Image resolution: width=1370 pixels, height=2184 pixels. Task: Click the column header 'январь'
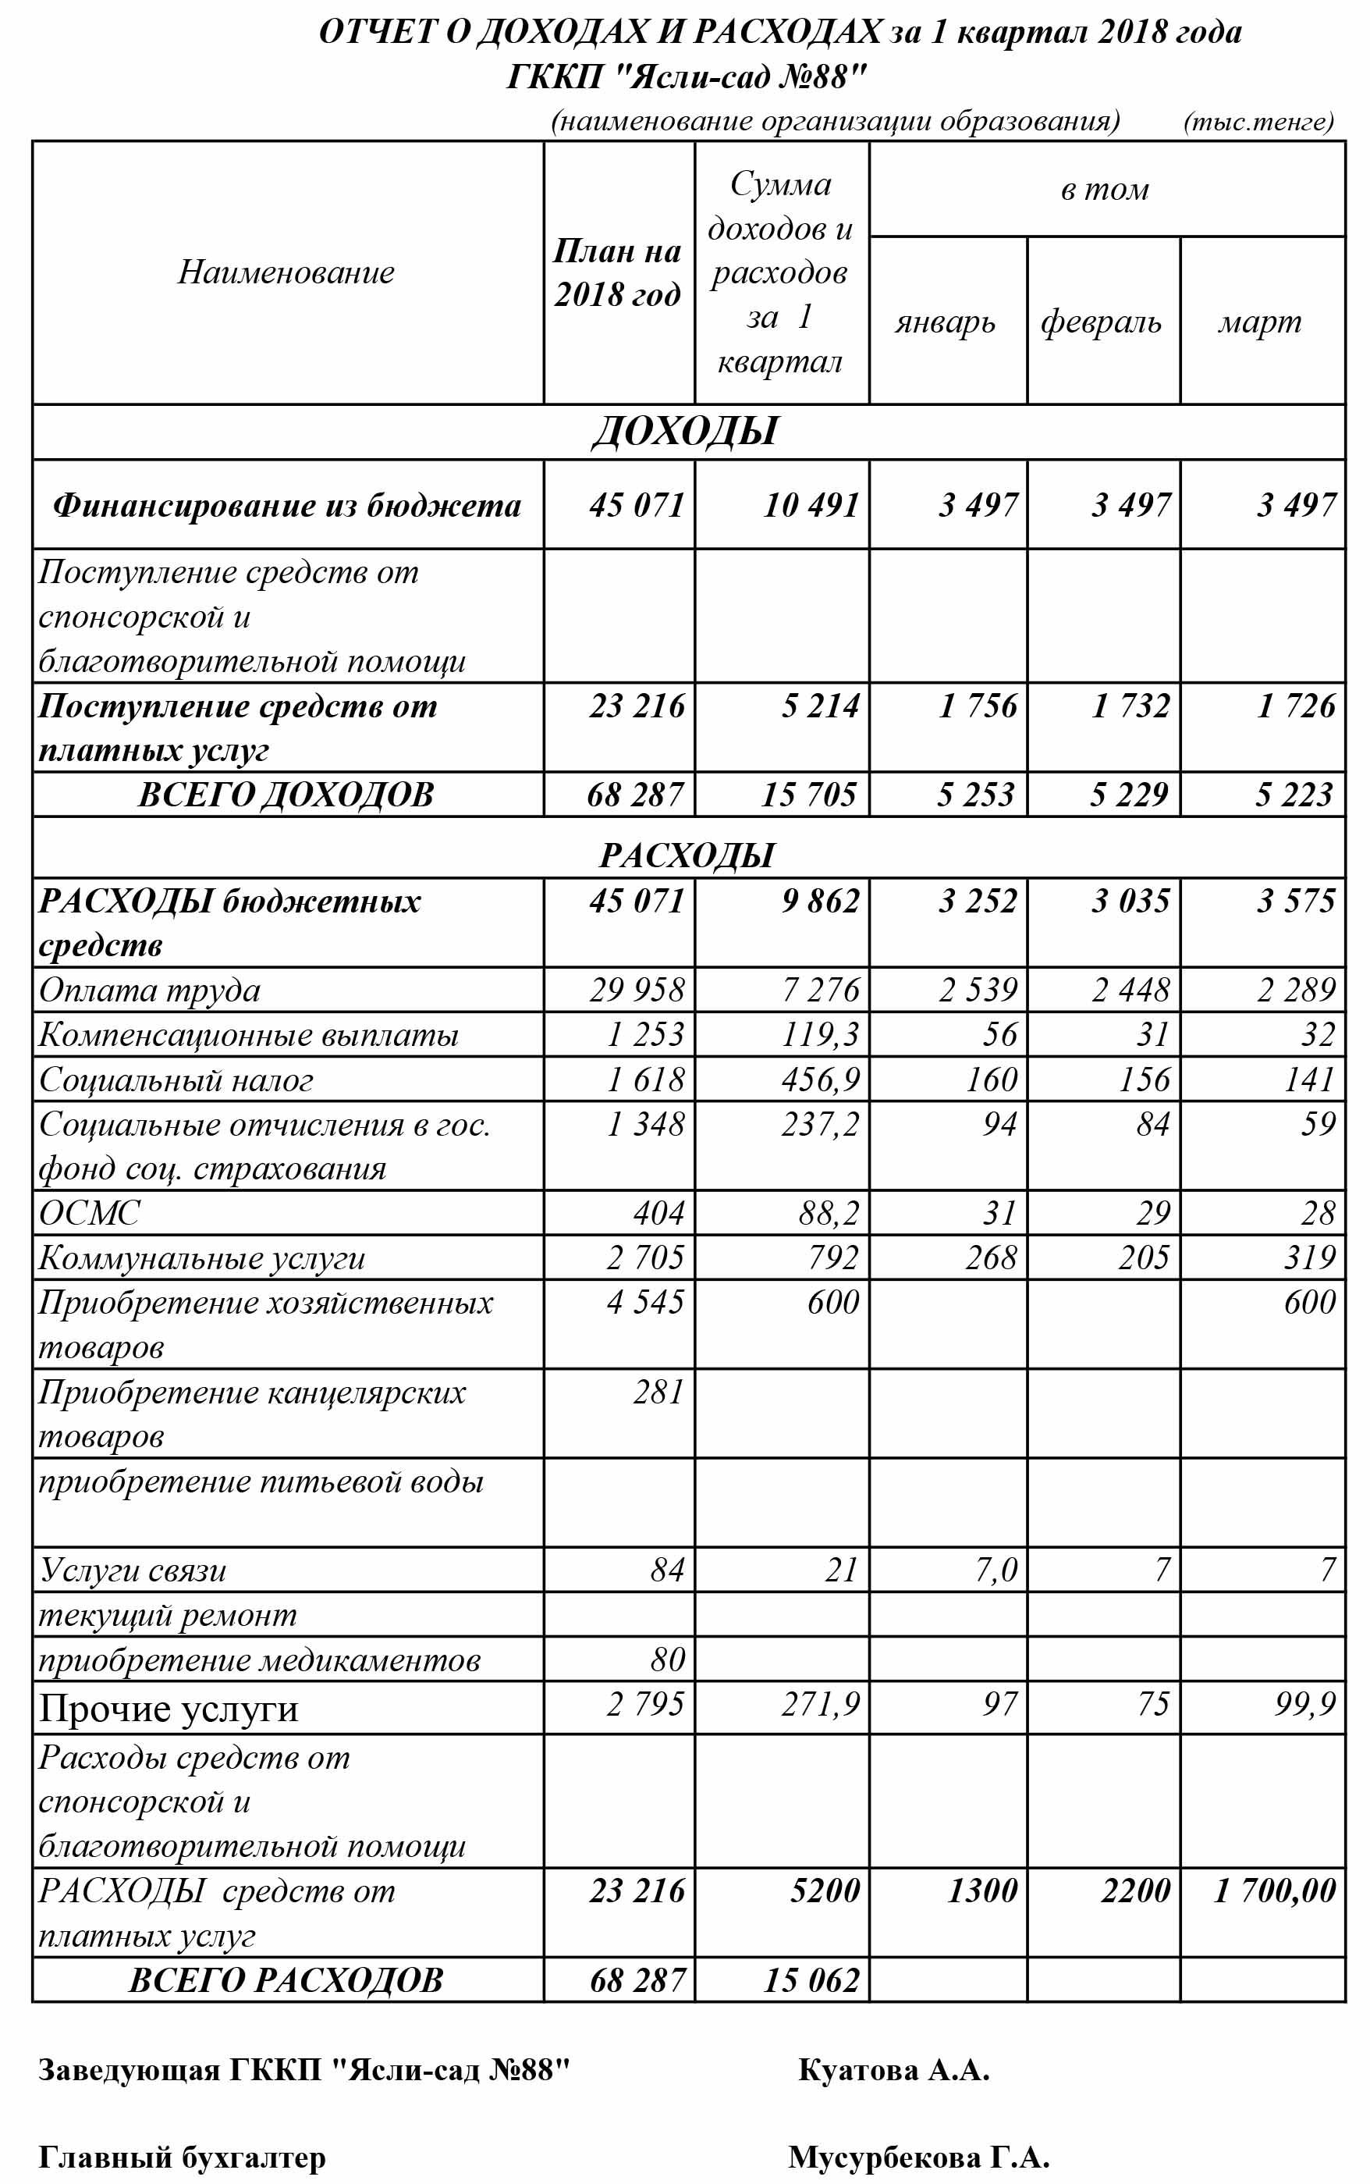(945, 322)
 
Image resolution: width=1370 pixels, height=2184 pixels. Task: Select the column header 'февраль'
(1101, 322)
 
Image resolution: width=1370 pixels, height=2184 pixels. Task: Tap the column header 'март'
(1259, 322)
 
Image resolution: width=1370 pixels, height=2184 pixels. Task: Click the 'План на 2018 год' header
(617, 272)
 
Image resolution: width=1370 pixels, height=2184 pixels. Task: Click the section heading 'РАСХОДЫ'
(687, 855)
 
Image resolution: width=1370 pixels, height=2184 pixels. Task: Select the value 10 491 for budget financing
(811, 505)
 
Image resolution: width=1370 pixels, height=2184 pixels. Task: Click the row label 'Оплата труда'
(150, 990)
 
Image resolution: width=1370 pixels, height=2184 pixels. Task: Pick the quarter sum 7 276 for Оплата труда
(821, 990)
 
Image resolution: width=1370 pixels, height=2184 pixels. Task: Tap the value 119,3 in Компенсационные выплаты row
(821, 1034)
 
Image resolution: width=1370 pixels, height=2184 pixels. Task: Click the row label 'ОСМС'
(90, 1212)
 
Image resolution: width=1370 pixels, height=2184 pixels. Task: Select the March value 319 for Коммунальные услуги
(1309, 1257)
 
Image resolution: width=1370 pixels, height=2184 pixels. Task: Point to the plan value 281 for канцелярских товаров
(658, 1391)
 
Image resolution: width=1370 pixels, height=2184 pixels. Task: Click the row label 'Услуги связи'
(133, 1570)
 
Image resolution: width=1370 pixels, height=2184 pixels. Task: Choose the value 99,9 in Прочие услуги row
(1304, 1704)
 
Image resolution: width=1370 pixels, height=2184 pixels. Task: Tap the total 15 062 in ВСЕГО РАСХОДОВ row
(811, 1979)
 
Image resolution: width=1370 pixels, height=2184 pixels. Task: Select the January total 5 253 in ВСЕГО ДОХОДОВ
(976, 795)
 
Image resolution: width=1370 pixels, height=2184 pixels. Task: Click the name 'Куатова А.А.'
(893, 2070)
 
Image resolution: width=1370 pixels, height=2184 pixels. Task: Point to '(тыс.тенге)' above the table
(1258, 122)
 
